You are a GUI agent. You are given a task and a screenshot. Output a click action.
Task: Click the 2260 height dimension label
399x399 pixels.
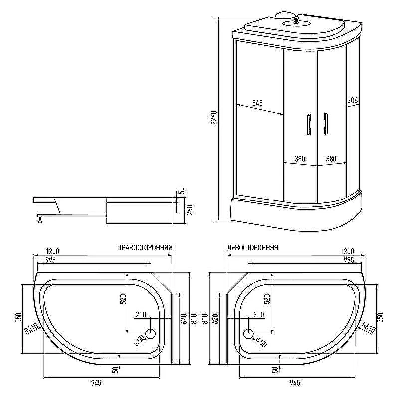coord(214,118)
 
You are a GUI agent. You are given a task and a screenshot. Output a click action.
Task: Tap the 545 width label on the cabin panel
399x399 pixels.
coord(257,103)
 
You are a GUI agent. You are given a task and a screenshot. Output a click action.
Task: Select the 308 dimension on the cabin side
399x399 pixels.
coord(353,100)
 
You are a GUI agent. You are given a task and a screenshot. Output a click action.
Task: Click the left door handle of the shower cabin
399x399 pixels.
coord(309,124)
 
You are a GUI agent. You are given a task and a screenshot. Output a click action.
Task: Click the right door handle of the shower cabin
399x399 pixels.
coord(326,123)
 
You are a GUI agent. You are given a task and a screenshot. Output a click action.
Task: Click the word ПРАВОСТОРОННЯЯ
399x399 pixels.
coord(145,247)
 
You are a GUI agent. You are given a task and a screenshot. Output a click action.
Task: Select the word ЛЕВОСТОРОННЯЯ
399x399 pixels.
coord(252,247)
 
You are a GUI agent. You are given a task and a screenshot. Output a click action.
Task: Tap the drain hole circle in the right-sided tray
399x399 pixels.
coord(150,334)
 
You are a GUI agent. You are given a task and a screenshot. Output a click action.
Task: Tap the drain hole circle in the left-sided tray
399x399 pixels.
coord(248,334)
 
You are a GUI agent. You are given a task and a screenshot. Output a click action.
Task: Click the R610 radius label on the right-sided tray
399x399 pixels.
coord(31,328)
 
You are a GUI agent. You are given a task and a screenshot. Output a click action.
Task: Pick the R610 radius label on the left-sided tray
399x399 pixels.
coord(368,328)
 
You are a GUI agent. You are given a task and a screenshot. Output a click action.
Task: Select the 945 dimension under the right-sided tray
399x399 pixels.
coord(96,383)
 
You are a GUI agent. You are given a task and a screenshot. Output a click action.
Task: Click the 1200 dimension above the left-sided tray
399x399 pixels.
coord(347,251)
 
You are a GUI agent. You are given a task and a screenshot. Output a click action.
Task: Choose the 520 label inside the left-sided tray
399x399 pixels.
coord(267,300)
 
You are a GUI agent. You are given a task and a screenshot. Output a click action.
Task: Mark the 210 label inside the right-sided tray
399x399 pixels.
coord(141,315)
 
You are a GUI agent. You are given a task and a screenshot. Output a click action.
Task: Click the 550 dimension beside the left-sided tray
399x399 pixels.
coord(380,318)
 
